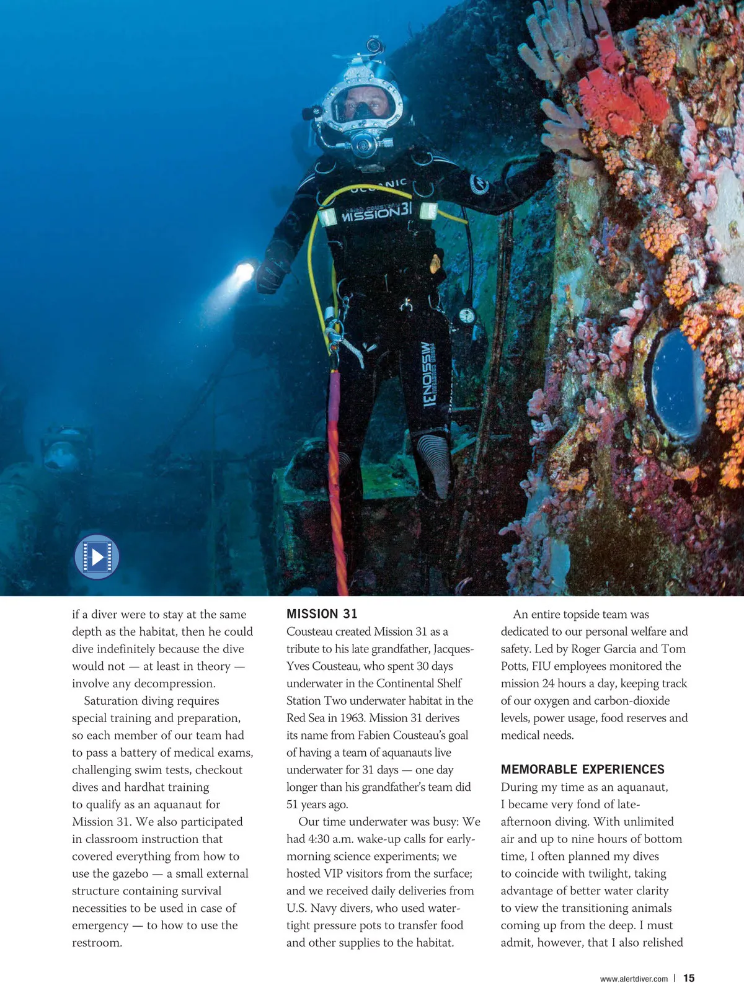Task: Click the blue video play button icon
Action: (x=97, y=556)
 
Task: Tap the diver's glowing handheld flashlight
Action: (x=244, y=272)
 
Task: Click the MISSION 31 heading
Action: (x=322, y=613)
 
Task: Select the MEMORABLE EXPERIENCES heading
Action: (x=582, y=769)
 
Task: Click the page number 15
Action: (x=689, y=978)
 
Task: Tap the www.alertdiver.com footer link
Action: (x=634, y=979)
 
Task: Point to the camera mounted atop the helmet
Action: (x=374, y=45)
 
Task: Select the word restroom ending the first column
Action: (x=96, y=943)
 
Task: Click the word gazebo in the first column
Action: (x=130, y=873)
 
